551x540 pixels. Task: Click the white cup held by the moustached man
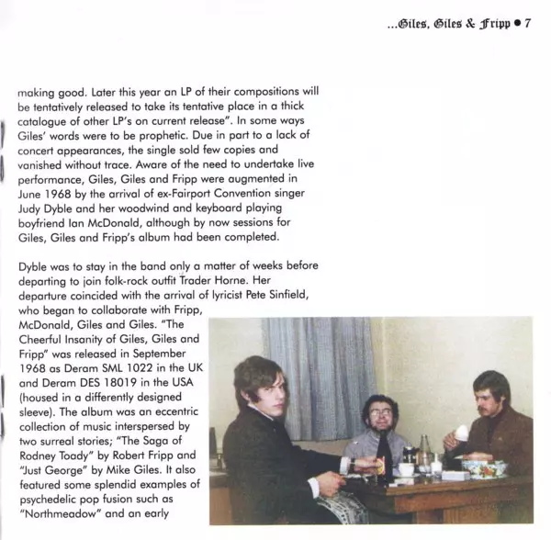tap(466, 432)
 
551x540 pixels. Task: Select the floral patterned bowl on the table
tap(483, 467)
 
